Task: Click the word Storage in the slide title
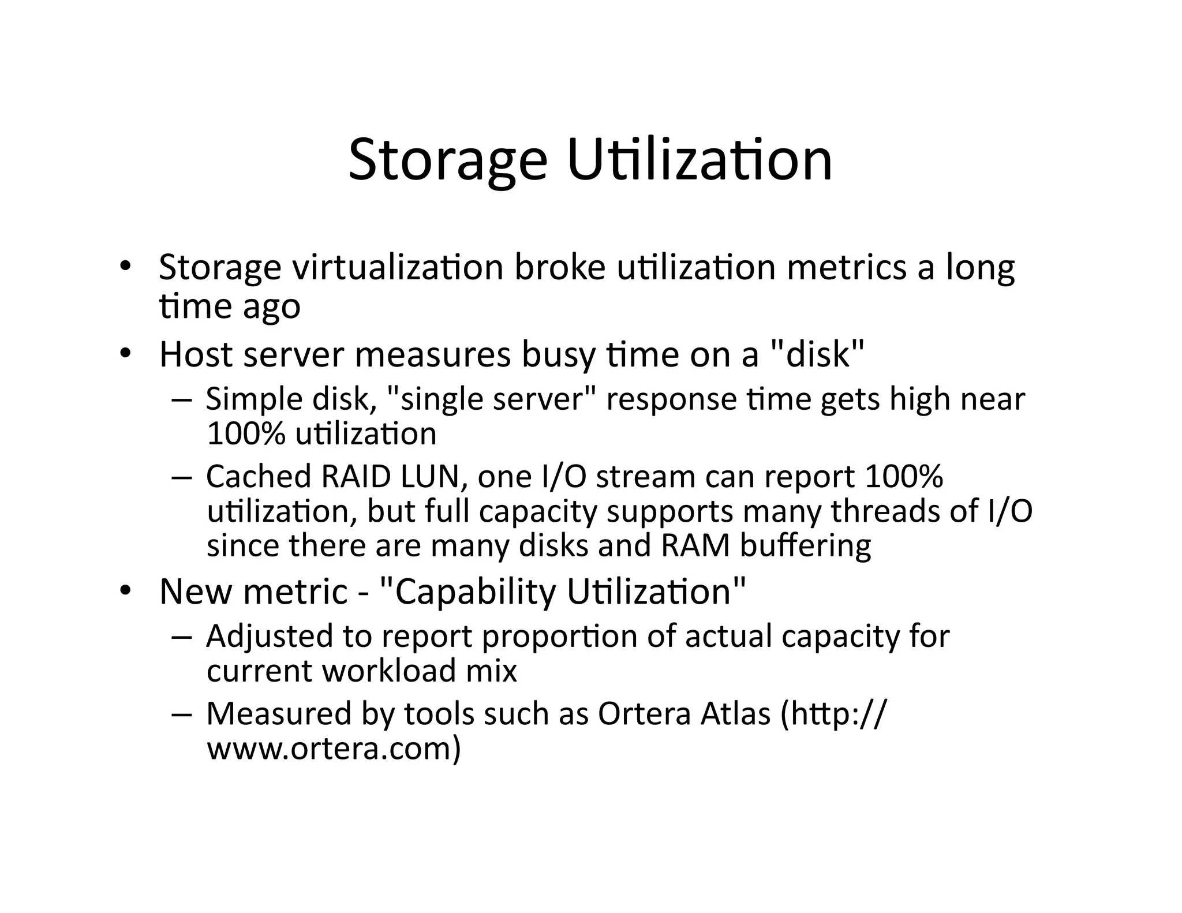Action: (x=448, y=159)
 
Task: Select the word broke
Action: (x=559, y=268)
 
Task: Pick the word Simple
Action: (x=254, y=399)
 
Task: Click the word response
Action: (x=671, y=399)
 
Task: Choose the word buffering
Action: (x=805, y=546)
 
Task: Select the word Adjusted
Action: (x=269, y=637)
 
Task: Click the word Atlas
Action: (x=735, y=714)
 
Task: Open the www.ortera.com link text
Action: (x=334, y=749)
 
